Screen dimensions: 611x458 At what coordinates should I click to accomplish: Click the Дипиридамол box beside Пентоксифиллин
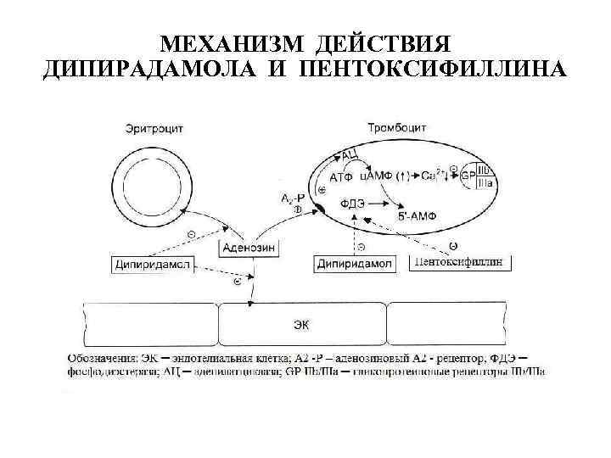pyautogui.click(x=355, y=264)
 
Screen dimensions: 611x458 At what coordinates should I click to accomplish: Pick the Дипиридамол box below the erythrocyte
pyautogui.click(x=152, y=264)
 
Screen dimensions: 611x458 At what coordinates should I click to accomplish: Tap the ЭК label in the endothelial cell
pyautogui.click(x=301, y=323)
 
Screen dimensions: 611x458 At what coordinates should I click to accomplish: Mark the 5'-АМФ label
pyautogui.click(x=416, y=217)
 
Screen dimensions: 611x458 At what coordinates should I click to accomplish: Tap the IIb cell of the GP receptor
pyautogui.click(x=485, y=170)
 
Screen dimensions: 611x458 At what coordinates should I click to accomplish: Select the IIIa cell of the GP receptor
pyautogui.click(x=485, y=182)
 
